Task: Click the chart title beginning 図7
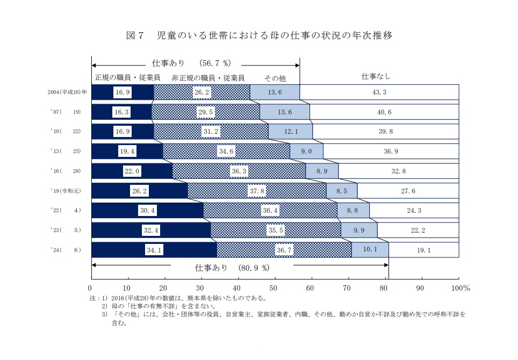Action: pyautogui.click(x=259, y=36)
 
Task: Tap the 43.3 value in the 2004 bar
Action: pyautogui.click(x=379, y=92)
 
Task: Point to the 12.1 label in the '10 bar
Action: pyautogui.click(x=290, y=132)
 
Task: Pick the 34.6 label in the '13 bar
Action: pyautogui.click(x=227, y=152)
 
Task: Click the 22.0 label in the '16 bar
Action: pyautogui.click(x=132, y=171)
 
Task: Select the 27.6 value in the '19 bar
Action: pyautogui.click(x=408, y=191)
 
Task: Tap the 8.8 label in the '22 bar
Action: pyautogui.click(x=352, y=211)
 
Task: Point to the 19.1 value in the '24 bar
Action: pyautogui.click(x=425, y=250)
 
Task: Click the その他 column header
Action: pyautogui.click(x=275, y=78)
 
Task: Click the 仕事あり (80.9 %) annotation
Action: pyautogui.click(x=232, y=267)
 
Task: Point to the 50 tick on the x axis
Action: pyautogui.click(x=275, y=287)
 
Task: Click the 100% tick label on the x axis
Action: pyautogui.click(x=461, y=287)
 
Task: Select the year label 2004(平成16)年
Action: pyautogui.click(x=67, y=92)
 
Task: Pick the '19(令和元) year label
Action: pyautogui.click(x=66, y=191)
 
